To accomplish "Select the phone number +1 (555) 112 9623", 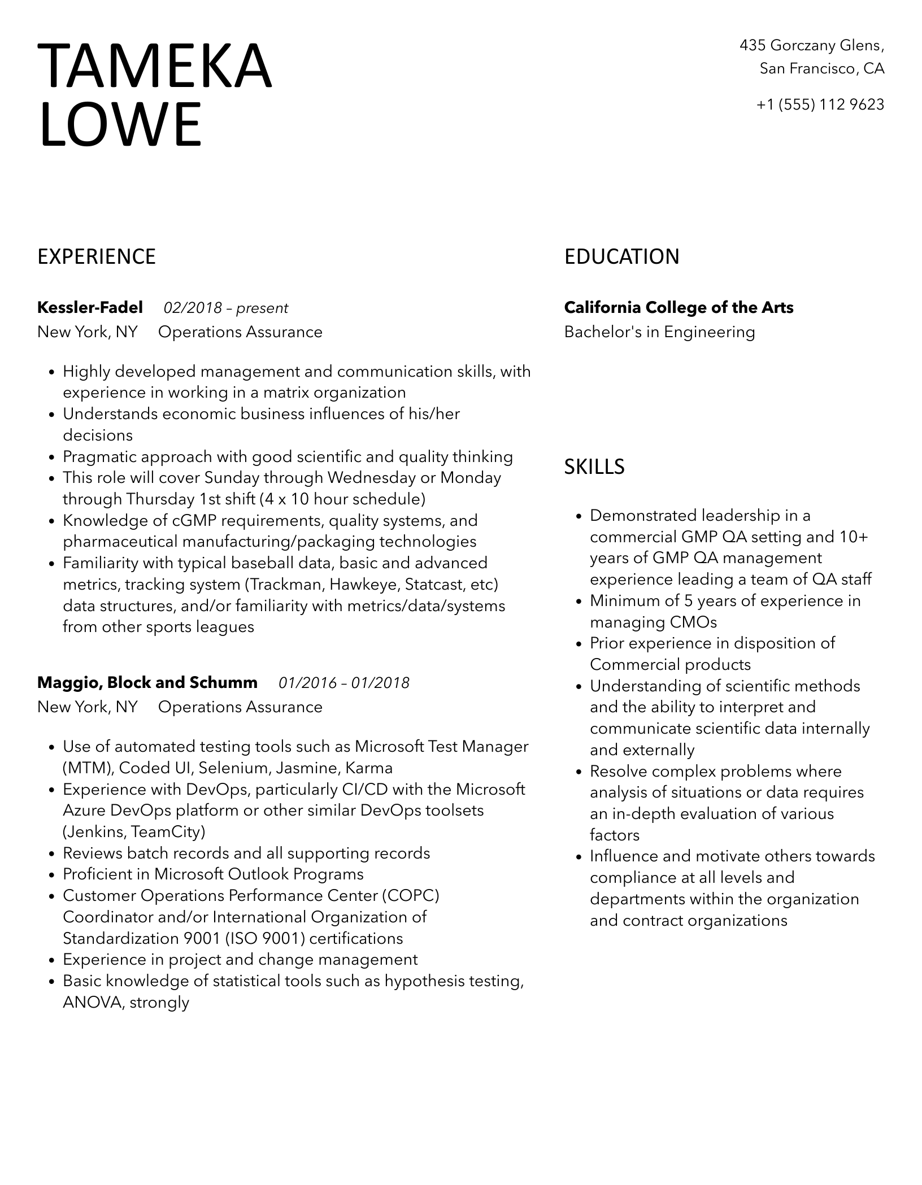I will tap(820, 104).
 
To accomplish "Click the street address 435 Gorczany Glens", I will tap(811, 45).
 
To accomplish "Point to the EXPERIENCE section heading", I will tap(97, 257).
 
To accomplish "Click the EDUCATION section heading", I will tap(621, 257).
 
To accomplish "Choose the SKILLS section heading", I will tap(594, 467).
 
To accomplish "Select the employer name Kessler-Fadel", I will tap(90, 308).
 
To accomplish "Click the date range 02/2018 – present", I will tap(226, 308).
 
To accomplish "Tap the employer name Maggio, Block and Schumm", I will tap(147, 683).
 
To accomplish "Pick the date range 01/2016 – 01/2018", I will tap(344, 683).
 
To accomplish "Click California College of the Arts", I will tap(679, 308).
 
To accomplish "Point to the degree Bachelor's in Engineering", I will tap(659, 332).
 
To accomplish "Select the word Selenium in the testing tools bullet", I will tap(233, 768).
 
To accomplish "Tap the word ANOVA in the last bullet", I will tap(93, 1003).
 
